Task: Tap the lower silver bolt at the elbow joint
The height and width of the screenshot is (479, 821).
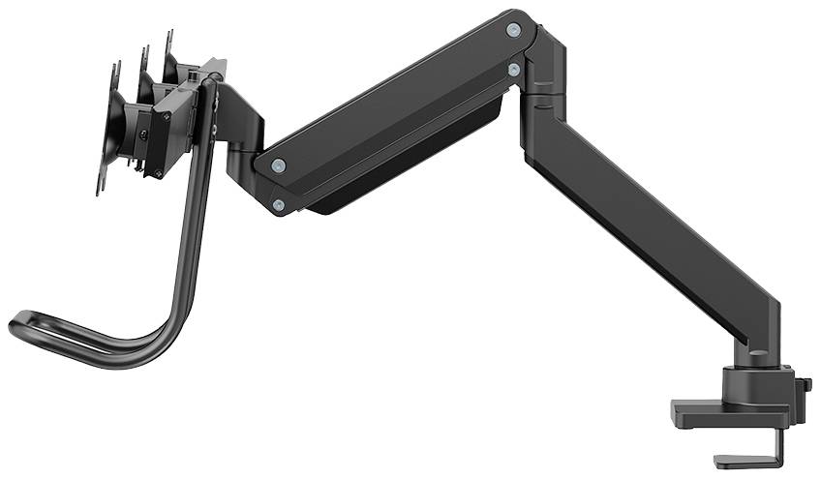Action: (513, 70)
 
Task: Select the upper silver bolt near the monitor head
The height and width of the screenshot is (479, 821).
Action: (279, 165)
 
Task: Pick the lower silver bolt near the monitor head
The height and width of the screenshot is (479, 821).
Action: (279, 204)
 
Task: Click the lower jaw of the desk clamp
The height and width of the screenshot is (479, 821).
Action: (741, 461)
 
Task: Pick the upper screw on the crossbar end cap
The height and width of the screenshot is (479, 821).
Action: (166, 115)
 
